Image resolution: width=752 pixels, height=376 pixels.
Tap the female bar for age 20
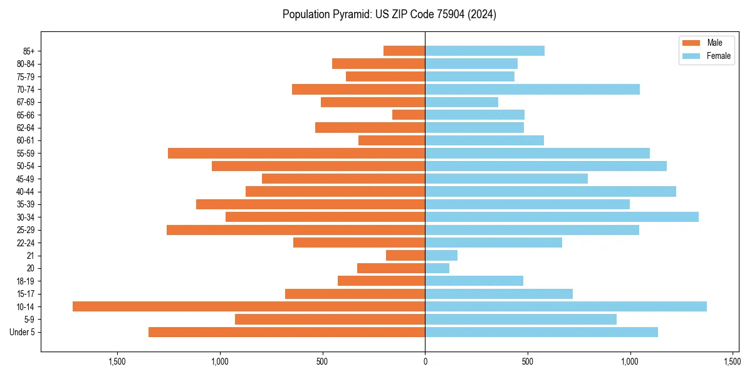437,268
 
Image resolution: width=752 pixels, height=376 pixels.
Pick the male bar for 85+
404,51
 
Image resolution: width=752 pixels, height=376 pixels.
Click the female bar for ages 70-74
532,89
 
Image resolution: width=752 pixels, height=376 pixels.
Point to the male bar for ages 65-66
409,115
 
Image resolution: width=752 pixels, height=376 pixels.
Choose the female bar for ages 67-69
461,102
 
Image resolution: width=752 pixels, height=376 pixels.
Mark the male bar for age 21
405,255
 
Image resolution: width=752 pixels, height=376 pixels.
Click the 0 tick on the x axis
425,362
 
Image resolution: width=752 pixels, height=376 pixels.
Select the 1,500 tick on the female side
733,362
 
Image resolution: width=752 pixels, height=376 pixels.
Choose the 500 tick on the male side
322,362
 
